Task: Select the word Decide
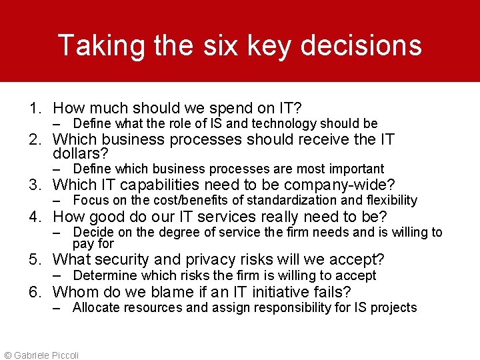[x=93, y=232]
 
